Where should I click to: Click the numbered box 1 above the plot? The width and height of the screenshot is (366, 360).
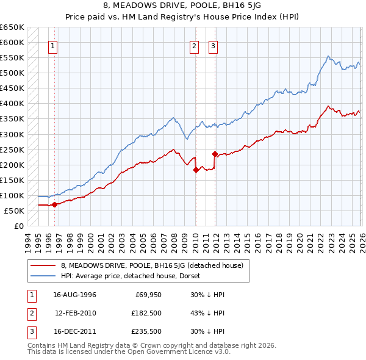tap(53, 46)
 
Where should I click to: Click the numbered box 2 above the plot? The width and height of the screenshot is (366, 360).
tap(194, 46)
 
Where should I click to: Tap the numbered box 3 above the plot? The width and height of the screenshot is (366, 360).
tap(213, 46)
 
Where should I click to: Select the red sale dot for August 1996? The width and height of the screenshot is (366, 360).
tap(54, 204)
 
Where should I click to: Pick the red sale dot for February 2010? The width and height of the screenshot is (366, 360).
tap(196, 170)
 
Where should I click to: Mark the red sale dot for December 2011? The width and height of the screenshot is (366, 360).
tap(215, 154)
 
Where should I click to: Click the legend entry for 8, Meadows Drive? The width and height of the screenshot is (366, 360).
tap(152, 265)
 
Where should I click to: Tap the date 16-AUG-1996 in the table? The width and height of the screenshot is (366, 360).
tap(74, 295)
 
